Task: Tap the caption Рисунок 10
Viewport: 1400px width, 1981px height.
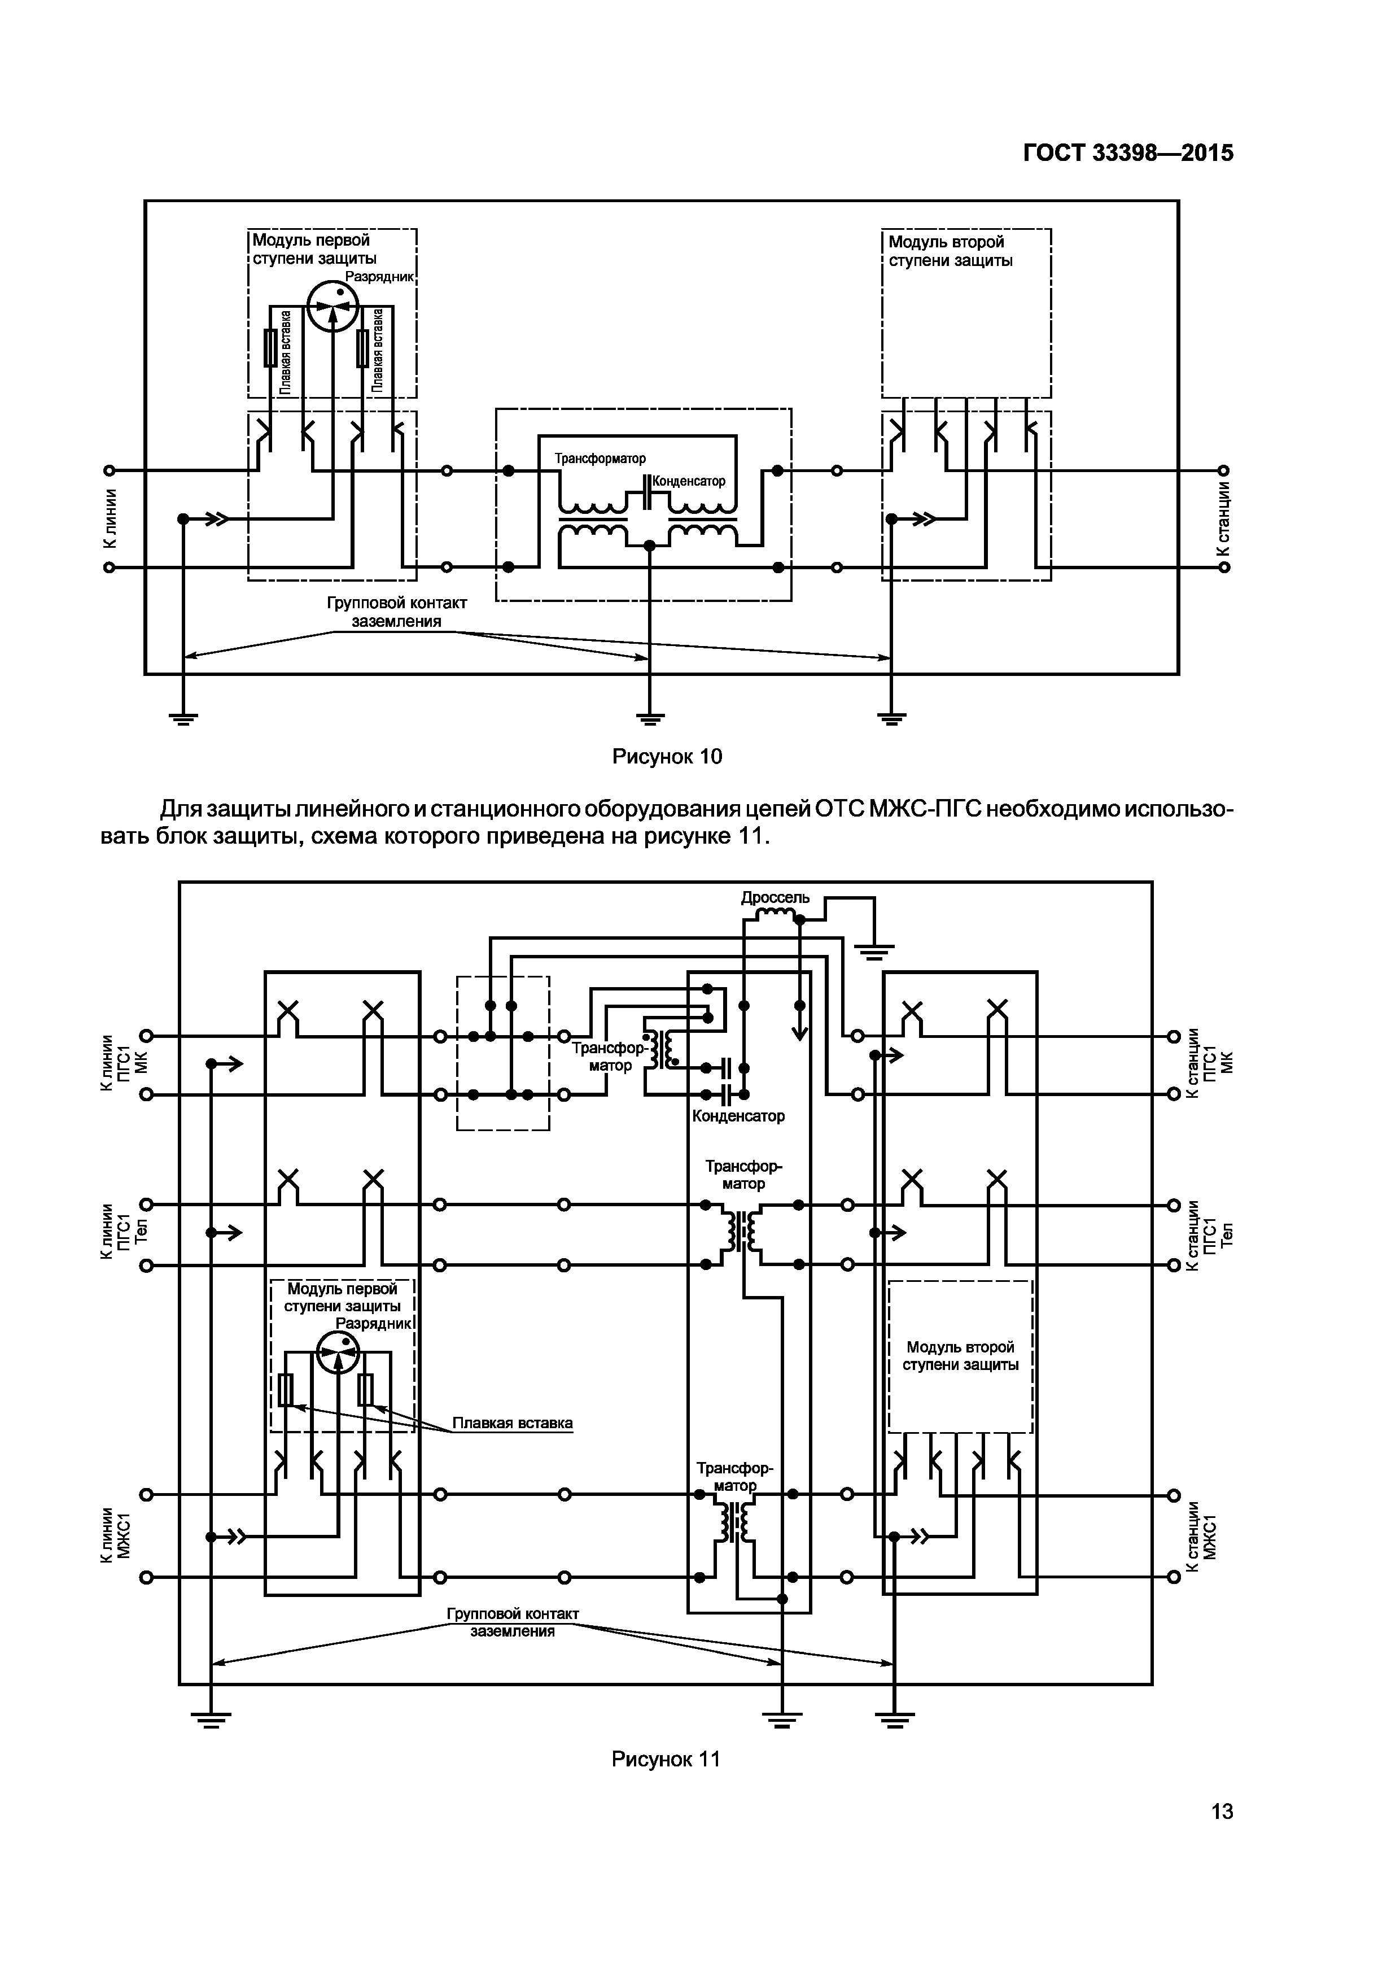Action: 666,757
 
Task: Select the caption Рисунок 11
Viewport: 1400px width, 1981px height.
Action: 665,1759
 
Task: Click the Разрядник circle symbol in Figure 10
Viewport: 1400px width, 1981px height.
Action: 332,306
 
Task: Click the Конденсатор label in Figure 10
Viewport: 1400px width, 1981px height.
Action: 688,481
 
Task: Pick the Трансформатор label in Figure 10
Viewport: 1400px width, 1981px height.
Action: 600,458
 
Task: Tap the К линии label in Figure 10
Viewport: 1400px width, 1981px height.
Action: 109,518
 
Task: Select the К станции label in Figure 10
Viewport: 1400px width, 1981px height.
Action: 1223,518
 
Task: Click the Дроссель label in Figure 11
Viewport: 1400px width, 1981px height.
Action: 775,897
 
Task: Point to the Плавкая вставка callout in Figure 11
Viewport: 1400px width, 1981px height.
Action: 513,1423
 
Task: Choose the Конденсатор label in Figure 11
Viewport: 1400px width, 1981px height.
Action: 738,1116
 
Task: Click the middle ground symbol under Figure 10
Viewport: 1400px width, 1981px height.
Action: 650,716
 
